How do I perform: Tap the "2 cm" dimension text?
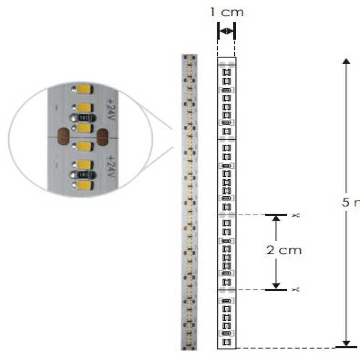284,250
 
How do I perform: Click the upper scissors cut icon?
296,215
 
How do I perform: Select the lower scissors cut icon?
296,289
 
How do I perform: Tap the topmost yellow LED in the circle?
83,89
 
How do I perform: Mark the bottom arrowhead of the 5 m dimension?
346,343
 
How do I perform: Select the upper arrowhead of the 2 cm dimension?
276,218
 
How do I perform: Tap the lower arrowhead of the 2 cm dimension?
276,286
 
